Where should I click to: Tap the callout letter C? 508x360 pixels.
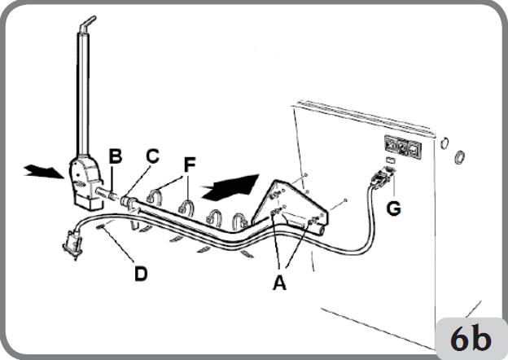click(x=152, y=156)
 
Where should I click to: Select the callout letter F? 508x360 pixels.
click(x=190, y=165)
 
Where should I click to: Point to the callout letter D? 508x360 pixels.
click(x=141, y=274)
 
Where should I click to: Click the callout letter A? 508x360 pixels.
click(x=280, y=283)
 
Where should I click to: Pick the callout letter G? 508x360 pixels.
click(x=394, y=209)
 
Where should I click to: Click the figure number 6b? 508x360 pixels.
click(x=471, y=339)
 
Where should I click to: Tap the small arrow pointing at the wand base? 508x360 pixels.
click(x=44, y=171)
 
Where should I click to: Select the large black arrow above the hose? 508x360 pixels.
click(x=230, y=187)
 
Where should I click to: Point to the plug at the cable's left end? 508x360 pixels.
click(x=72, y=244)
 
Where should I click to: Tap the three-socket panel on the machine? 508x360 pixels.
click(x=403, y=147)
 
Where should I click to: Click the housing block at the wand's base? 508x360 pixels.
click(x=85, y=183)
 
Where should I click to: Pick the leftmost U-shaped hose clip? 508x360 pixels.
click(x=155, y=197)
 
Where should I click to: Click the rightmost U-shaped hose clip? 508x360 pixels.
click(x=240, y=221)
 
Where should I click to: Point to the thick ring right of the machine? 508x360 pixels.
click(x=460, y=157)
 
